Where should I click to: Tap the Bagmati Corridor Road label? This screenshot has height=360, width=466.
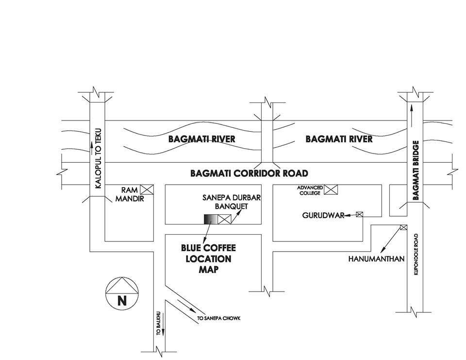click(x=249, y=173)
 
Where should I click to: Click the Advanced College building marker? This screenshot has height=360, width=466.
click(x=331, y=189)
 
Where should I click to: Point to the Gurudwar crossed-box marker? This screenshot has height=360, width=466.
click(x=360, y=214)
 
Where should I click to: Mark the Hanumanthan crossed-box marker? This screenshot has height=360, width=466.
click(x=403, y=227)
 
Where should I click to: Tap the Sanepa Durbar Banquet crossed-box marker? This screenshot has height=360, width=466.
click(x=224, y=219)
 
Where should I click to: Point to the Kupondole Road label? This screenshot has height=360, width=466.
click(x=416, y=255)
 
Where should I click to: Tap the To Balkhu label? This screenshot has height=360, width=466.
click(x=158, y=325)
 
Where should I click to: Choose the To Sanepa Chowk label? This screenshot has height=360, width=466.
click(x=218, y=319)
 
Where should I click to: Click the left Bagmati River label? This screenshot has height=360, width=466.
click(x=201, y=139)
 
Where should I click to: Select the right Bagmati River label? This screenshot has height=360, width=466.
click(x=339, y=139)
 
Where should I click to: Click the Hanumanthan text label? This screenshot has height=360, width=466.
click(x=376, y=259)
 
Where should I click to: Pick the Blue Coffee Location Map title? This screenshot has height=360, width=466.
click(x=208, y=258)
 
